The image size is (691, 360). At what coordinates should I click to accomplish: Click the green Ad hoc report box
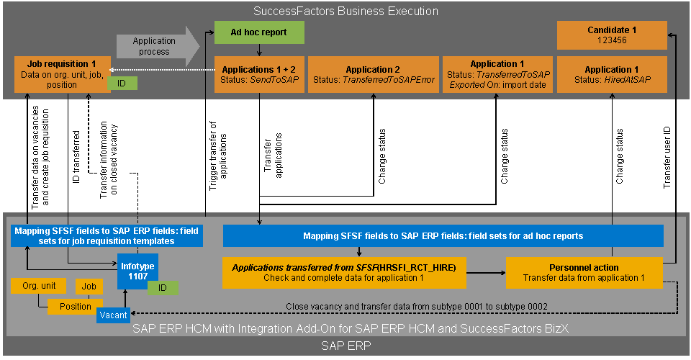pos(259,32)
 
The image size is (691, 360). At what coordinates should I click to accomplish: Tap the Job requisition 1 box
pos(62,74)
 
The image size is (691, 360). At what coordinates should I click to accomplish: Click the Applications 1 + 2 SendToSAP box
pos(259,74)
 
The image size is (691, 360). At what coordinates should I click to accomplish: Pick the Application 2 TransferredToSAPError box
pos(374,74)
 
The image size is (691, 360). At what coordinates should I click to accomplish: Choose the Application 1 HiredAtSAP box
pos(612,74)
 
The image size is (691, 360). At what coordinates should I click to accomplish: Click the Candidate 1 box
pos(612,35)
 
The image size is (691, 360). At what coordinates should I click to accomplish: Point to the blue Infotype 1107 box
pos(137,271)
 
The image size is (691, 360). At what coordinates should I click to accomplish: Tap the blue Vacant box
pos(113,315)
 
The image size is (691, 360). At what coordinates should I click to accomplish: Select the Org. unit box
pos(39,286)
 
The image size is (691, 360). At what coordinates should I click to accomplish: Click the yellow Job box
pos(89,287)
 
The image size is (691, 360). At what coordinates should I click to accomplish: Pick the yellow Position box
pos(76,307)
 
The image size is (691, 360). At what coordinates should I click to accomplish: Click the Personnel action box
pos(584,273)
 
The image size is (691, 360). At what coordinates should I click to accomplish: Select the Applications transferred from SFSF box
pos(344,273)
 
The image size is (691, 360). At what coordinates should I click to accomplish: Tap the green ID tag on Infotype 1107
pos(163,288)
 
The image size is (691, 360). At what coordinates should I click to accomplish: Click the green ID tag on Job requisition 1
pos(122,84)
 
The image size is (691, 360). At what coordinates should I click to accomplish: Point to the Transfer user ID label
pos(667,158)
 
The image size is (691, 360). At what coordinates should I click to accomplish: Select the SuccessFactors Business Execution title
pos(345,11)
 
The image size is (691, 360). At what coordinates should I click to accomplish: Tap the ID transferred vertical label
pos(76,157)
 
